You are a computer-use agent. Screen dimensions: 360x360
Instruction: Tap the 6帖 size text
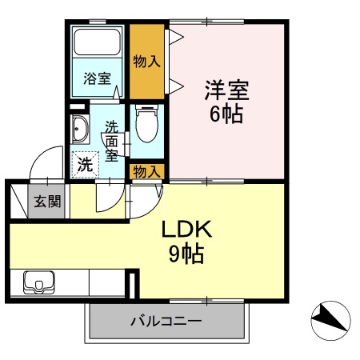226,114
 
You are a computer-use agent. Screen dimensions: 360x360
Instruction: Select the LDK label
186,230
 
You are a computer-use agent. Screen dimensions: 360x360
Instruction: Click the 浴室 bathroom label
97,78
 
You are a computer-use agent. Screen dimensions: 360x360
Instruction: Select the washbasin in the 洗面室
80,128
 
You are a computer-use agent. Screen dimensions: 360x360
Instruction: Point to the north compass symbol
330,321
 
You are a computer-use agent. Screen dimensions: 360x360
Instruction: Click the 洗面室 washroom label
113,139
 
